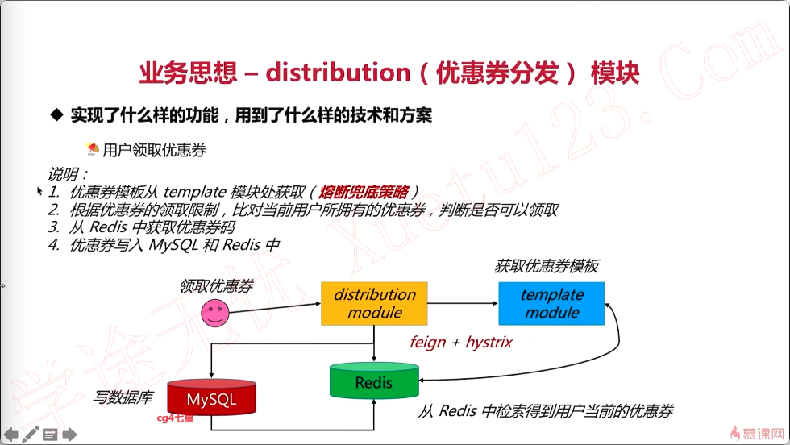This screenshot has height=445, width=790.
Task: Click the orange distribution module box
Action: pyautogui.click(x=375, y=304)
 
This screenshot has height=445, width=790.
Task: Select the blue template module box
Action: pyautogui.click(x=551, y=304)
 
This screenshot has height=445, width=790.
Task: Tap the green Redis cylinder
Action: pyautogui.click(x=374, y=382)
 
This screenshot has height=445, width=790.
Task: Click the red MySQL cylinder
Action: pyautogui.click(x=212, y=398)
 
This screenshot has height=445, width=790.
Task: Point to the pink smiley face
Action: pyautogui.click(x=214, y=313)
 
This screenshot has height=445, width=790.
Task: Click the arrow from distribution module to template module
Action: pyautogui.click(x=463, y=303)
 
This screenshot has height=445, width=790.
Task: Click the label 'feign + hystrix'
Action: pyautogui.click(x=460, y=342)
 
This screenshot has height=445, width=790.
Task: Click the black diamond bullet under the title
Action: pyautogui.click(x=56, y=115)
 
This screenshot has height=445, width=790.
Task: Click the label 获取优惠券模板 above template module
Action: pyautogui.click(x=546, y=266)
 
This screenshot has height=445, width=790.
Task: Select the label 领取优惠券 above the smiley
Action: pyautogui.click(x=216, y=285)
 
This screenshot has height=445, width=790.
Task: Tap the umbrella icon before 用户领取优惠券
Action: pyautogui.click(x=93, y=149)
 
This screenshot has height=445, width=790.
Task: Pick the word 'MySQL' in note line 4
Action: pyautogui.click(x=173, y=245)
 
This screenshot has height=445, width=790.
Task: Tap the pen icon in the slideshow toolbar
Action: pyautogui.click(x=31, y=435)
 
